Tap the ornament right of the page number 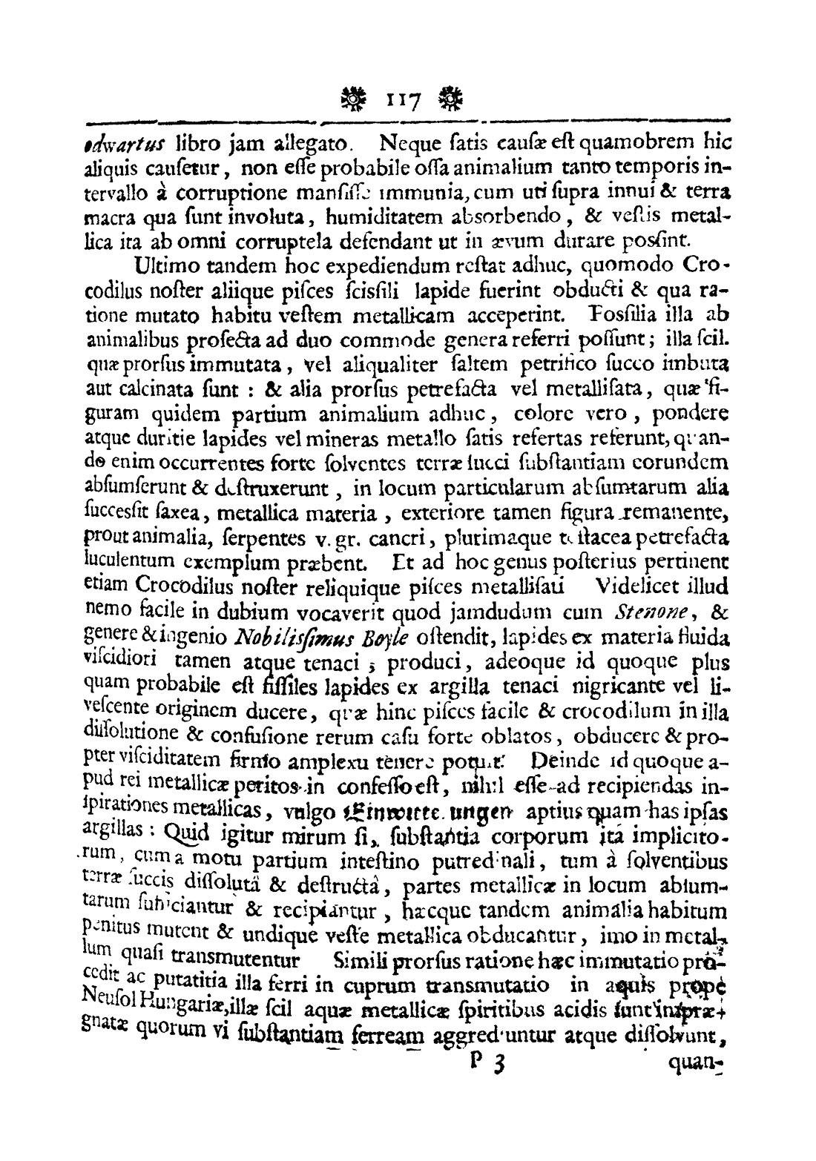(x=449, y=96)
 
